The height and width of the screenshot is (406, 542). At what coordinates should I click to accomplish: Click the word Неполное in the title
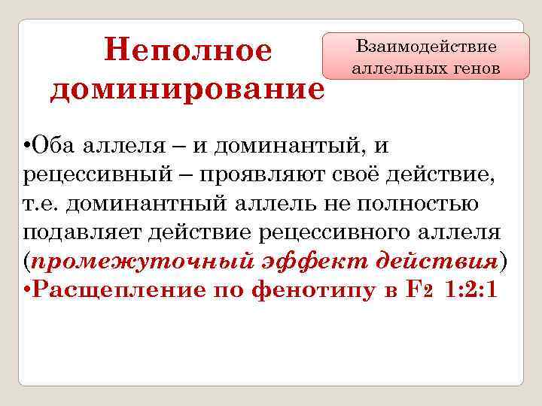pyautogui.click(x=188, y=51)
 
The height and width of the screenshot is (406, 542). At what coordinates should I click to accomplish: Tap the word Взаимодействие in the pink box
pyautogui.click(x=426, y=47)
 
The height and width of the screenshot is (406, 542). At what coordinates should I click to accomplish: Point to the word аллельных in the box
pyautogui.click(x=392, y=68)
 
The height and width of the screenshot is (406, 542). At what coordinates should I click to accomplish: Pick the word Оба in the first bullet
pyautogui.click(x=50, y=145)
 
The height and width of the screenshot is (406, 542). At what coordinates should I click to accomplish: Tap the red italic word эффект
pyautogui.click(x=300, y=262)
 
